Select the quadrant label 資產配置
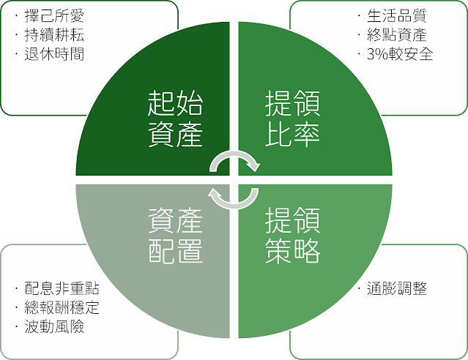click(x=175, y=235)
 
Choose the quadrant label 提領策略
click(x=292, y=235)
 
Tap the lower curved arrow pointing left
click(x=234, y=196)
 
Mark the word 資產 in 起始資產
click(x=175, y=135)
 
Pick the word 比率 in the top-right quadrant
click(x=292, y=135)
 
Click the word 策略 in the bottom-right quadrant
click(x=292, y=250)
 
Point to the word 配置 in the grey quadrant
click(x=175, y=250)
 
